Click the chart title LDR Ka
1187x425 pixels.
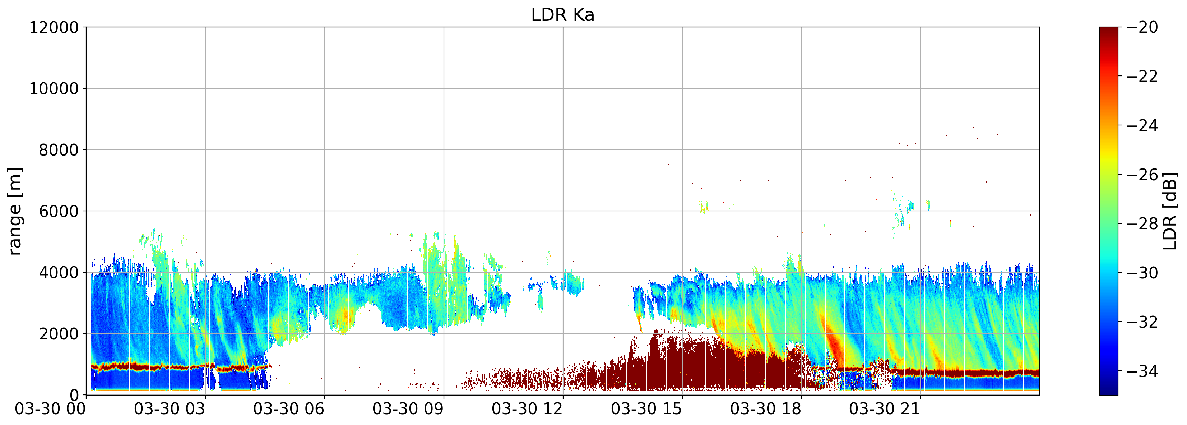coord(563,15)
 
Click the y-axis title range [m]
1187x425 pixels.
coord(15,211)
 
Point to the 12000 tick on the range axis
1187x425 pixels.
coord(54,27)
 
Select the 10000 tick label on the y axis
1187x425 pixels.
coord(54,88)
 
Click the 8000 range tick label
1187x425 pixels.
coord(59,150)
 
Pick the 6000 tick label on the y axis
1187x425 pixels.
coord(59,211)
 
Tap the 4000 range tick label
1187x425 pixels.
coord(59,272)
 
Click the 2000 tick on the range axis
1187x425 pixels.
coord(59,334)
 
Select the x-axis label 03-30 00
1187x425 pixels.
coord(51,409)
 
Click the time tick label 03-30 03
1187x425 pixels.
coord(170,409)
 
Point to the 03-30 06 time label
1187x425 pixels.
coord(289,409)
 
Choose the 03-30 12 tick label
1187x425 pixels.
coord(527,409)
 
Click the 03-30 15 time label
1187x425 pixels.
coord(646,409)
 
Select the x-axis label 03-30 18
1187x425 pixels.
coord(766,409)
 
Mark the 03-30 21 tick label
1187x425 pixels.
coord(885,409)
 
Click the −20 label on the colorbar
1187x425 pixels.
coord(1142,27)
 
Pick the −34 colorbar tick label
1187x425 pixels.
coord(1142,371)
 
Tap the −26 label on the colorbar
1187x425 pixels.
coord(1142,175)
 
